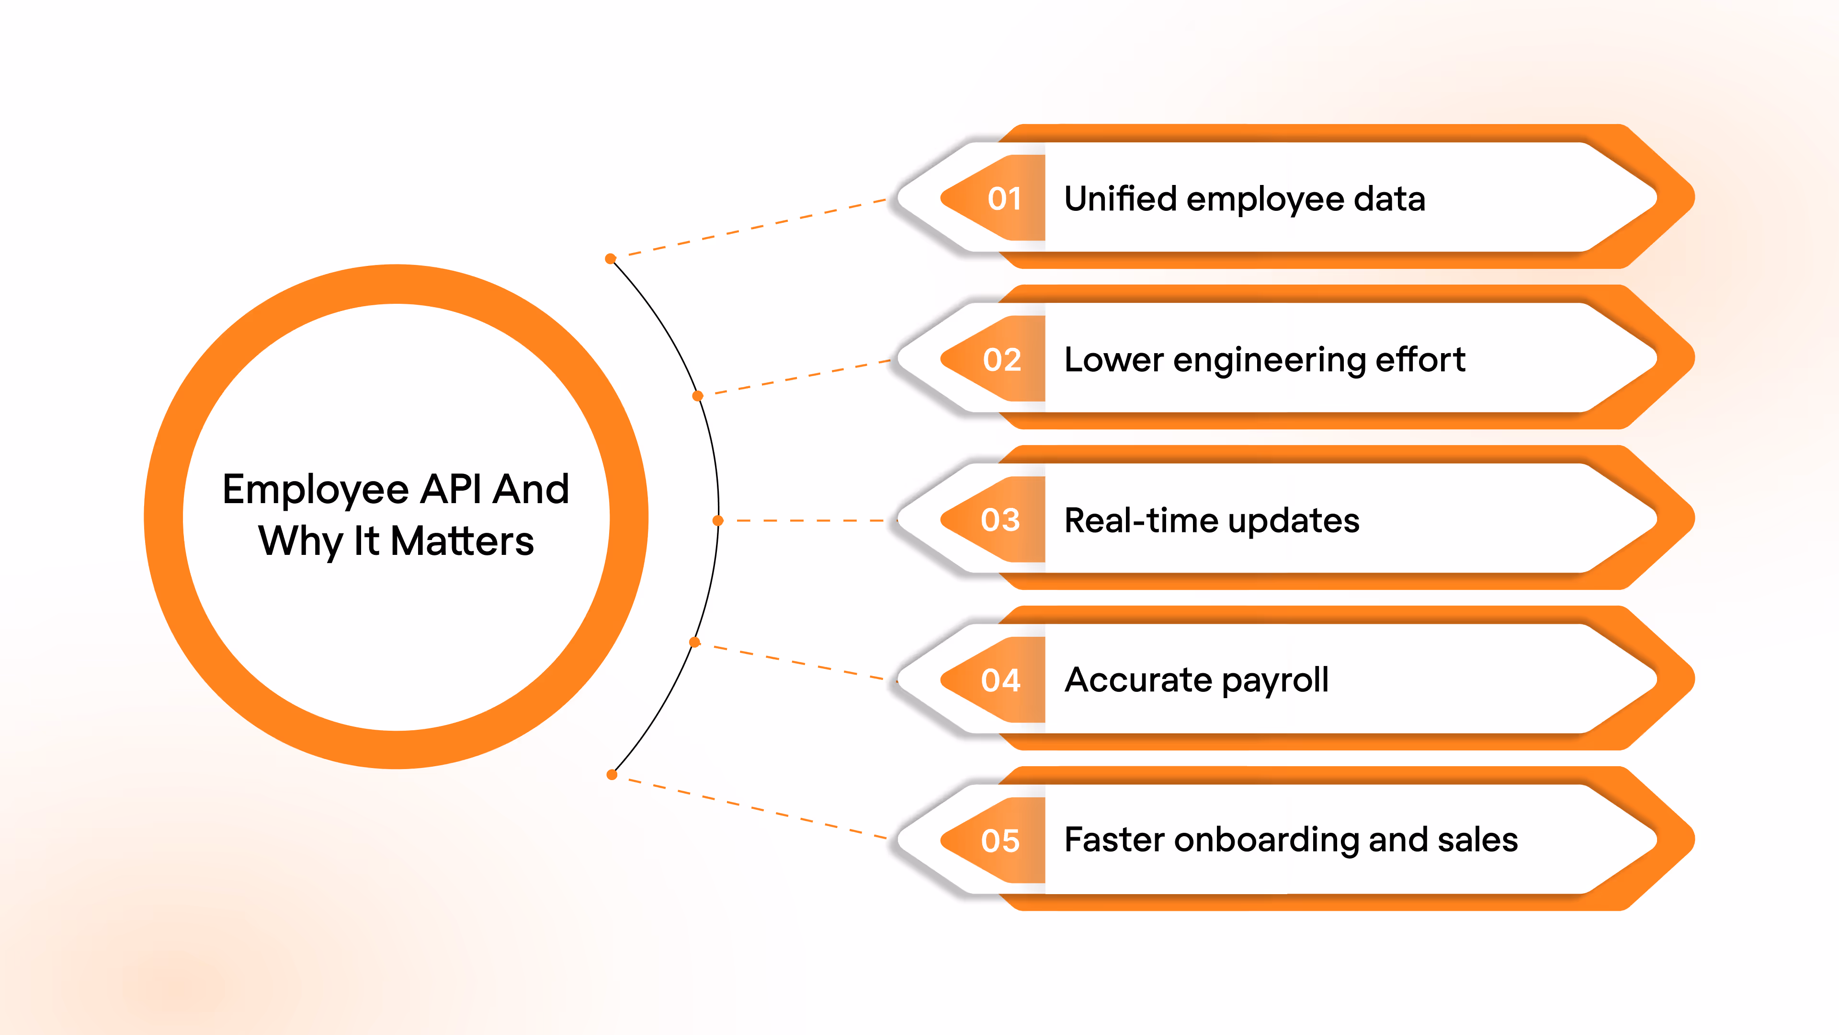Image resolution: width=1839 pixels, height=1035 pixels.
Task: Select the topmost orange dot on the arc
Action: click(x=611, y=259)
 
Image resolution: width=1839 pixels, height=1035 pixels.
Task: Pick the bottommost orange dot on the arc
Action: click(x=612, y=774)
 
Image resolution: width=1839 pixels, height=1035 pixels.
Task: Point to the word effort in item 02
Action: click(x=1420, y=359)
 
